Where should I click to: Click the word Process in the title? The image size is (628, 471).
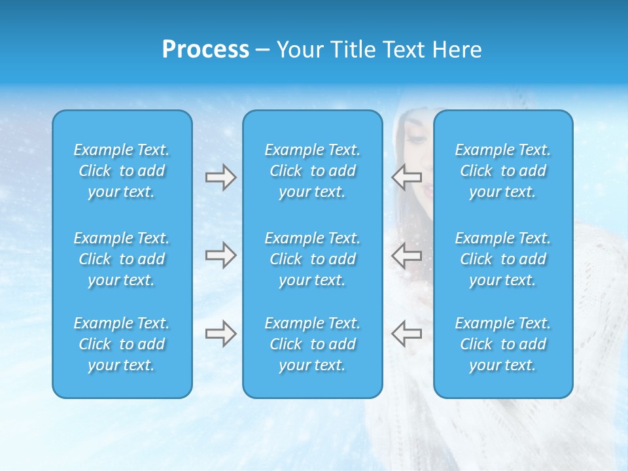pos(205,50)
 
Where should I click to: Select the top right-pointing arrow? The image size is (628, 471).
pos(220,177)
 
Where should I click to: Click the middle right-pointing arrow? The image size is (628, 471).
pos(220,255)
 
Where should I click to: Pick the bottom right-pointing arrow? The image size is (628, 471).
pos(220,334)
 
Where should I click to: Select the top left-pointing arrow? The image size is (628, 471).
pos(406,177)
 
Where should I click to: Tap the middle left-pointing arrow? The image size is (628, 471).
pos(406,255)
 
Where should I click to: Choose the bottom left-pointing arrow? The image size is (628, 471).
pos(406,334)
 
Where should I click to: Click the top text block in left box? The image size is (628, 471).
pos(122,171)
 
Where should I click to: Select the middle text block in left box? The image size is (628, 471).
pos(122,259)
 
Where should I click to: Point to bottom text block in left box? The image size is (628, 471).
pos(122,344)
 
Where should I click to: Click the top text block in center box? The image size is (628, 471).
pos(313,171)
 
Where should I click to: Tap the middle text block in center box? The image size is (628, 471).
pos(313,259)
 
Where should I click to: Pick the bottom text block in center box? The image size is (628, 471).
pos(313,344)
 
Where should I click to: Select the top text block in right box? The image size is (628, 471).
pos(503,171)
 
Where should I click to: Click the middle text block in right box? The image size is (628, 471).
pos(503,259)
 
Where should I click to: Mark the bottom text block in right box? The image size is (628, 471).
pos(503,344)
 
